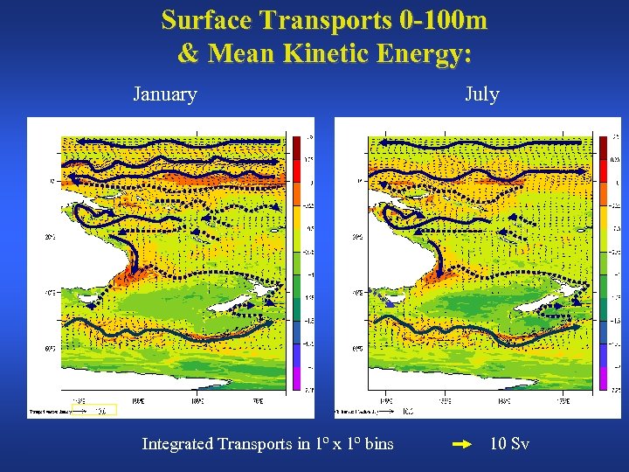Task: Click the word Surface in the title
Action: coord(207,19)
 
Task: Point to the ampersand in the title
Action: coord(188,53)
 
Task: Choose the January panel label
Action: coord(164,94)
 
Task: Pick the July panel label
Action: coord(481,94)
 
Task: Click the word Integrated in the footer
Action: coord(177,444)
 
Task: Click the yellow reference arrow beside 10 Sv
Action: coord(462,444)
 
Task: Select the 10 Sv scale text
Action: coord(509,444)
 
